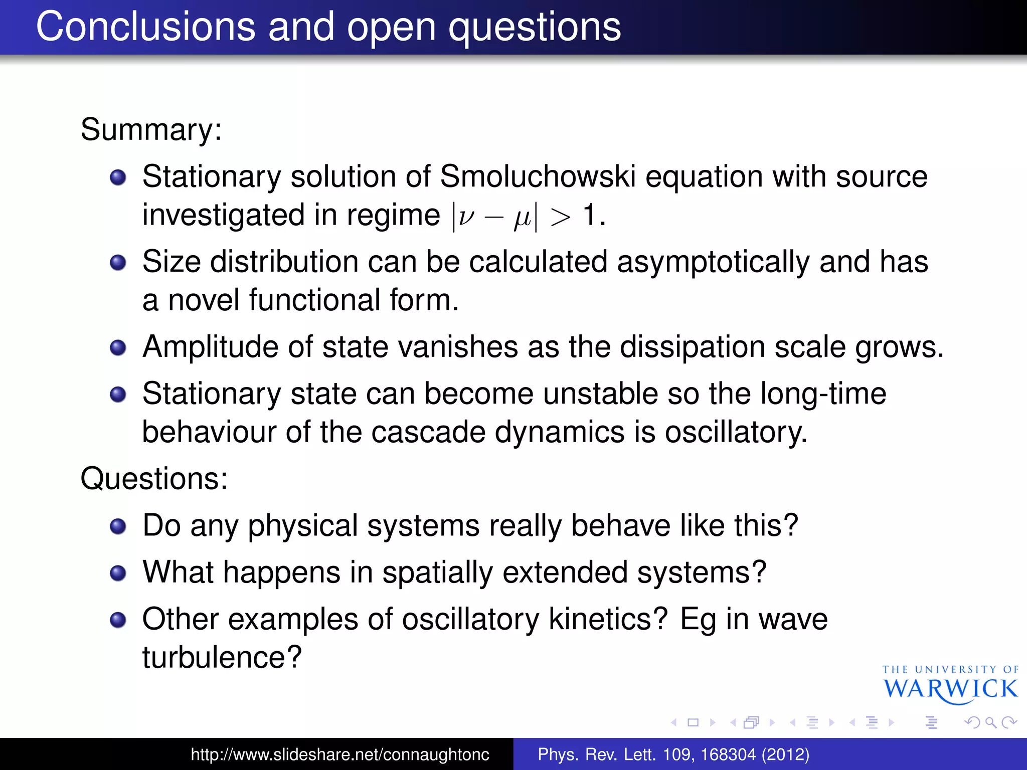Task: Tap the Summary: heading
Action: [x=151, y=129]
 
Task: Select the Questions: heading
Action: [x=154, y=478]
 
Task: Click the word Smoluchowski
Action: [x=538, y=176]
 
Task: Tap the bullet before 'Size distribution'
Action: [x=118, y=262]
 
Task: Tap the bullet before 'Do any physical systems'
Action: [x=118, y=526]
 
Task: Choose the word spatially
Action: [x=437, y=572]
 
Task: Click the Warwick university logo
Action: [x=950, y=685]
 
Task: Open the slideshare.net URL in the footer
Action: [x=340, y=754]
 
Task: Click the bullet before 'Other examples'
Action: [x=118, y=620]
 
